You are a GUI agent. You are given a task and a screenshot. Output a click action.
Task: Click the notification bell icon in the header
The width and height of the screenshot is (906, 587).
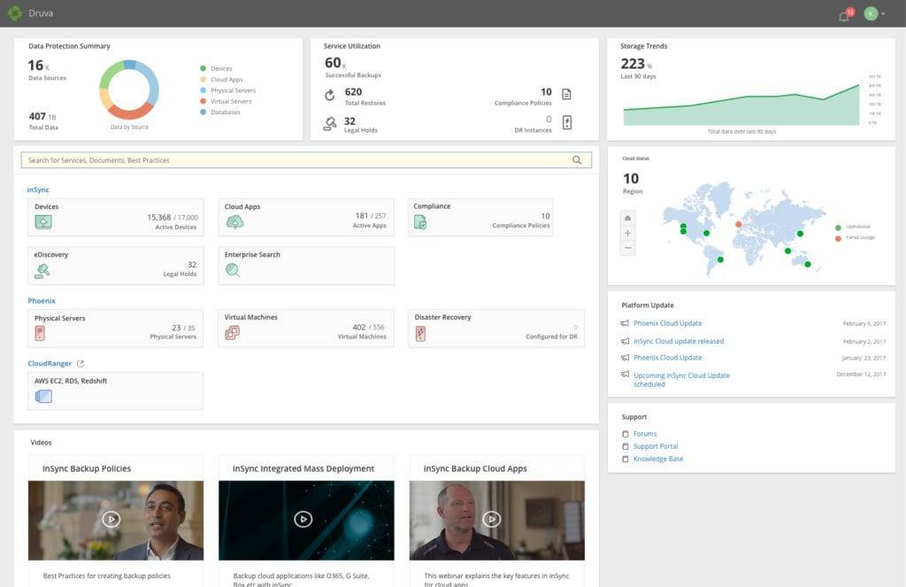point(844,16)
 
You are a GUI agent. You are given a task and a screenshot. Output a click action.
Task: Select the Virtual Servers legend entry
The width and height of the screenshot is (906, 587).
point(231,101)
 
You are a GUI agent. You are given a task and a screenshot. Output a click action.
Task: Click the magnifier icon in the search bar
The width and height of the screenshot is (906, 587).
point(577,160)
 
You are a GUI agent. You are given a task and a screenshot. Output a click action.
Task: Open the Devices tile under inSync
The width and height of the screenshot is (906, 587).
point(116,217)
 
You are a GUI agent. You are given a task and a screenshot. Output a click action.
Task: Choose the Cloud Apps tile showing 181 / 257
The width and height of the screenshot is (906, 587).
point(305,217)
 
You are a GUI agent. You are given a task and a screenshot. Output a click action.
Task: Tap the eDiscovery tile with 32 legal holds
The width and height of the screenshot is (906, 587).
point(116,266)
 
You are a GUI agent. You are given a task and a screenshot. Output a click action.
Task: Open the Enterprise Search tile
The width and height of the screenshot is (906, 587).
point(305,266)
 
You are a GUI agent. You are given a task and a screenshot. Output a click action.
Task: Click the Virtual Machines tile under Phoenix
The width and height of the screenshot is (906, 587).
point(305,328)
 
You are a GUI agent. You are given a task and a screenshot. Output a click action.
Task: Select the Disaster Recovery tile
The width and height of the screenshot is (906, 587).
point(496,328)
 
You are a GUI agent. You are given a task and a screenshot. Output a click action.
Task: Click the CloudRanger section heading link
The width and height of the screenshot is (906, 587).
point(50,363)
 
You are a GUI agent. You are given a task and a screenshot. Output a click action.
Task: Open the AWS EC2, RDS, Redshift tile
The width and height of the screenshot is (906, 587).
point(116,390)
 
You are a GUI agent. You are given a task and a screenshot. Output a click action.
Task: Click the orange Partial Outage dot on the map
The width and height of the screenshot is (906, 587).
point(739,224)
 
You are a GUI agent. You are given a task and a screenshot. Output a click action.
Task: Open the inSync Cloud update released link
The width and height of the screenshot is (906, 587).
point(679,341)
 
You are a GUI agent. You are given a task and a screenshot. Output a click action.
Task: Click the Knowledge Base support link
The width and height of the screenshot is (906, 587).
point(658,459)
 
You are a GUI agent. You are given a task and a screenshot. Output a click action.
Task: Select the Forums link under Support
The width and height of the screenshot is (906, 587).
point(645,434)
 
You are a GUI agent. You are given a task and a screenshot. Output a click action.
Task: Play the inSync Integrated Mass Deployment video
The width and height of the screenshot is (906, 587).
point(303,519)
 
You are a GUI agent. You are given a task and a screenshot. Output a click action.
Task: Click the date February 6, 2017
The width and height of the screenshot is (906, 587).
point(864,324)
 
